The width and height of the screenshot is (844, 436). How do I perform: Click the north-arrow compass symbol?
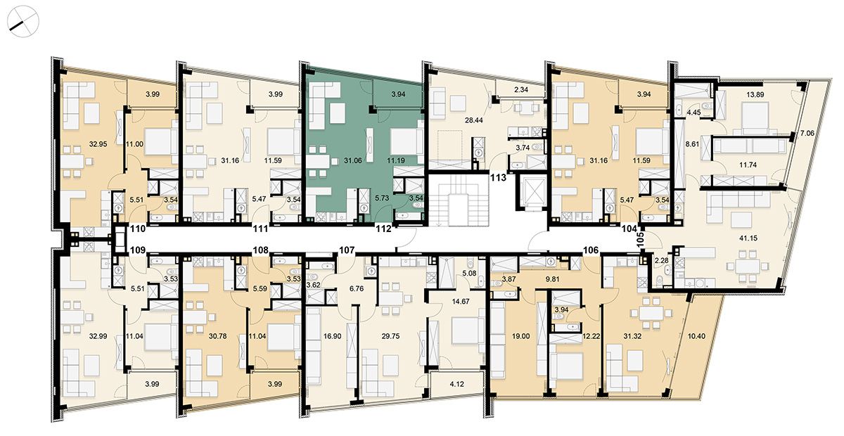tap(23, 22)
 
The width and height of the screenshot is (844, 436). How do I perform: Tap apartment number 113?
tap(498, 177)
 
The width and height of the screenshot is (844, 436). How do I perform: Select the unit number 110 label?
tap(138, 228)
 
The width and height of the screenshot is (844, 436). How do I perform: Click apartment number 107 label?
tap(347, 250)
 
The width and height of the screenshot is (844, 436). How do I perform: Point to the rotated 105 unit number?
tap(640, 239)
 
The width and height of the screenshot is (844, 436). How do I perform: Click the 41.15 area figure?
tap(748, 238)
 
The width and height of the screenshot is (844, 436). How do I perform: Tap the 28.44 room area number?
tap(473, 120)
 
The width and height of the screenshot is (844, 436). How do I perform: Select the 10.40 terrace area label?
tap(696, 336)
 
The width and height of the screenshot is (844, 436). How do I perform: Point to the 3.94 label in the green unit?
tap(398, 94)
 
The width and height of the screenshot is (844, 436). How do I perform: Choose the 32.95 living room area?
tap(98, 144)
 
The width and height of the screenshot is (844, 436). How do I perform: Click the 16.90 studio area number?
tap(332, 336)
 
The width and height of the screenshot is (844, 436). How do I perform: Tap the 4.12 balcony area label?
tap(456, 385)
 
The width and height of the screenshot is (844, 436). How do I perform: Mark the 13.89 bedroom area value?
tap(755, 95)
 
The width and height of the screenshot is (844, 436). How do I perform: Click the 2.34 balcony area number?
tap(520, 90)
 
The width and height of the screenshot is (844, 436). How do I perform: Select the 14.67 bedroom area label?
tap(461, 302)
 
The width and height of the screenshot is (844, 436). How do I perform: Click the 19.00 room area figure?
tap(520, 336)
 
